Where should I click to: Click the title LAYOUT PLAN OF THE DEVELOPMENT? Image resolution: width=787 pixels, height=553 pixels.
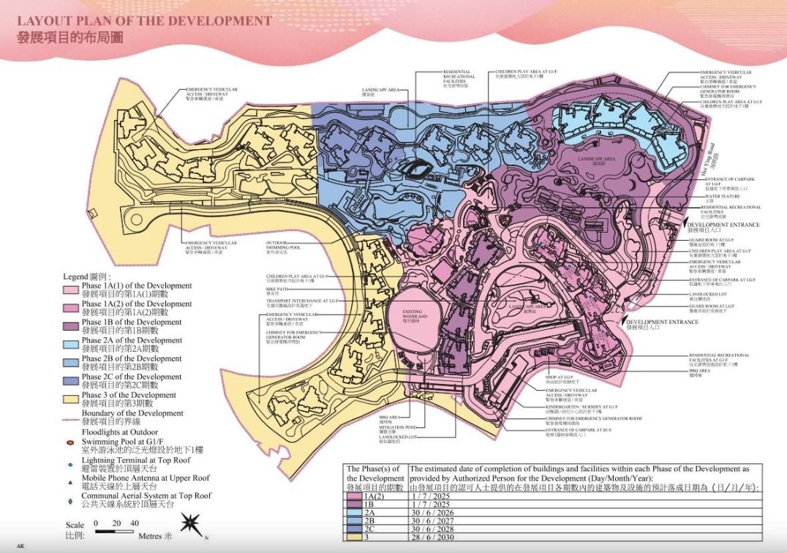click(144, 20)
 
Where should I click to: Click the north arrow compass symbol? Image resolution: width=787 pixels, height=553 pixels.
click(191, 524)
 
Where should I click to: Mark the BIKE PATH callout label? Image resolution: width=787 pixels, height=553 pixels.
click(274, 290)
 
